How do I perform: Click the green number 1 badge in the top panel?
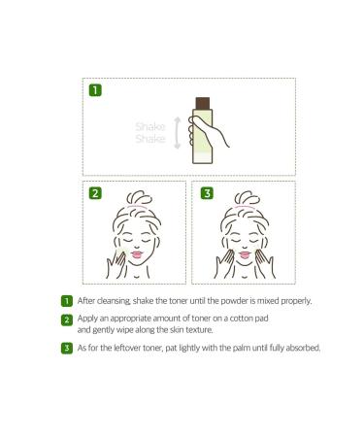(95, 90)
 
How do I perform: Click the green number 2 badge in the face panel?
(95, 193)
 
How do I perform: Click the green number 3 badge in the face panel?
(207, 193)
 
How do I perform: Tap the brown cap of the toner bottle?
(204, 103)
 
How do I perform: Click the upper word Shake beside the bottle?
(150, 125)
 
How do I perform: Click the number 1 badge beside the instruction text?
(66, 301)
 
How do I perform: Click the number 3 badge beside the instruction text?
(66, 348)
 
